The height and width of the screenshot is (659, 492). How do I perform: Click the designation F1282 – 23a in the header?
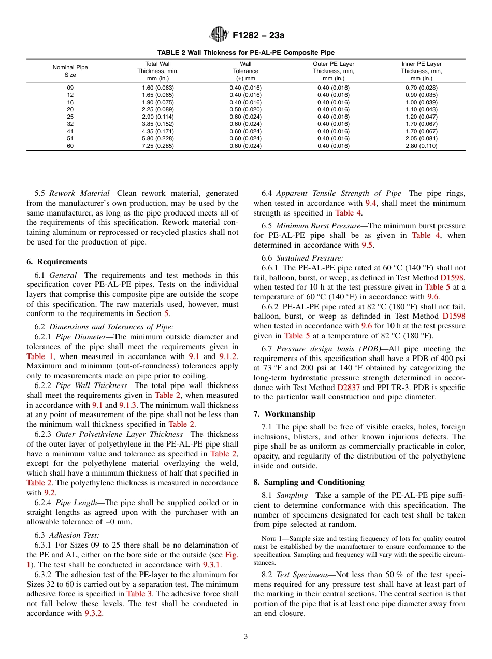click(258, 36)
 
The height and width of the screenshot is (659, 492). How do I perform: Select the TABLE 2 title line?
click(246, 52)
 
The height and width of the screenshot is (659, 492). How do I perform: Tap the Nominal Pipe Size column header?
click(70, 71)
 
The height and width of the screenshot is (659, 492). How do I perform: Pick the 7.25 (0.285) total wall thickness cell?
click(158, 146)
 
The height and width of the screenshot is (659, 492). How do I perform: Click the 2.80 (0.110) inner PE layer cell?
click(421, 146)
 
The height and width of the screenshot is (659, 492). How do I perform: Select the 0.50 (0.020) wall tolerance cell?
click(245, 109)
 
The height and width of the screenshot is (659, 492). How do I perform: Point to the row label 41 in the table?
click(70, 131)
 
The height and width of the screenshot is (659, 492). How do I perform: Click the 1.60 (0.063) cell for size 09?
click(158, 88)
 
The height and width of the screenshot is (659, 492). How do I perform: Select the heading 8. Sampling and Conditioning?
click(309, 482)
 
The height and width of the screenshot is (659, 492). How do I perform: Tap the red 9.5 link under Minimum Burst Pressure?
click(367, 245)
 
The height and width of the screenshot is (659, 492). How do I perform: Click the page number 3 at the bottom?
click(245, 636)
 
